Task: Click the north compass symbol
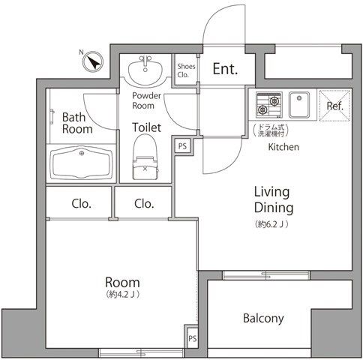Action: pyautogui.click(x=93, y=61)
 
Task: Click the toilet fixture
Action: pyautogui.click(x=145, y=157)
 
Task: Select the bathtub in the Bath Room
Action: pyautogui.click(x=81, y=163)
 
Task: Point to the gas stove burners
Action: pyautogui.click(x=269, y=105)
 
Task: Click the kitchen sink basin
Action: pyautogui.click(x=299, y=105)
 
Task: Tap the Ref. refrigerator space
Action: pyautogui.click(x=335, y=106)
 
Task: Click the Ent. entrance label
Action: pyautogui.click(x=225, y=69)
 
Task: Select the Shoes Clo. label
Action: pyautogui.click(x=186, y=70)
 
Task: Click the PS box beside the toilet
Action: pyautogui.click(x=182, y=146)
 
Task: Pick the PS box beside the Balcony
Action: pyautogui.click(x=192, y=339)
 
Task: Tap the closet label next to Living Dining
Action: pyautogui.click(x=144, y=204)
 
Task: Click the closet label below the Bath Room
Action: pyautogui.click(x=81, y=204)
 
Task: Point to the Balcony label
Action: pyautogui.click(x=263, y=318)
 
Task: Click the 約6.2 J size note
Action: pyautogui.click(x=271, y=224)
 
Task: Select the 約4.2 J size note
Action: pyautogui.click(x=122, y=295)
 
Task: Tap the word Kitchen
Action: pyautogui.click(x=283, y=147)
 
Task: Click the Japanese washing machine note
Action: pyautogui.click(x=270, y=130)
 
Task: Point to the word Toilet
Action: pyautogui.click(x=146, y=127)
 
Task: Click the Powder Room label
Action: pyautogui.click(x=146, y=100)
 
